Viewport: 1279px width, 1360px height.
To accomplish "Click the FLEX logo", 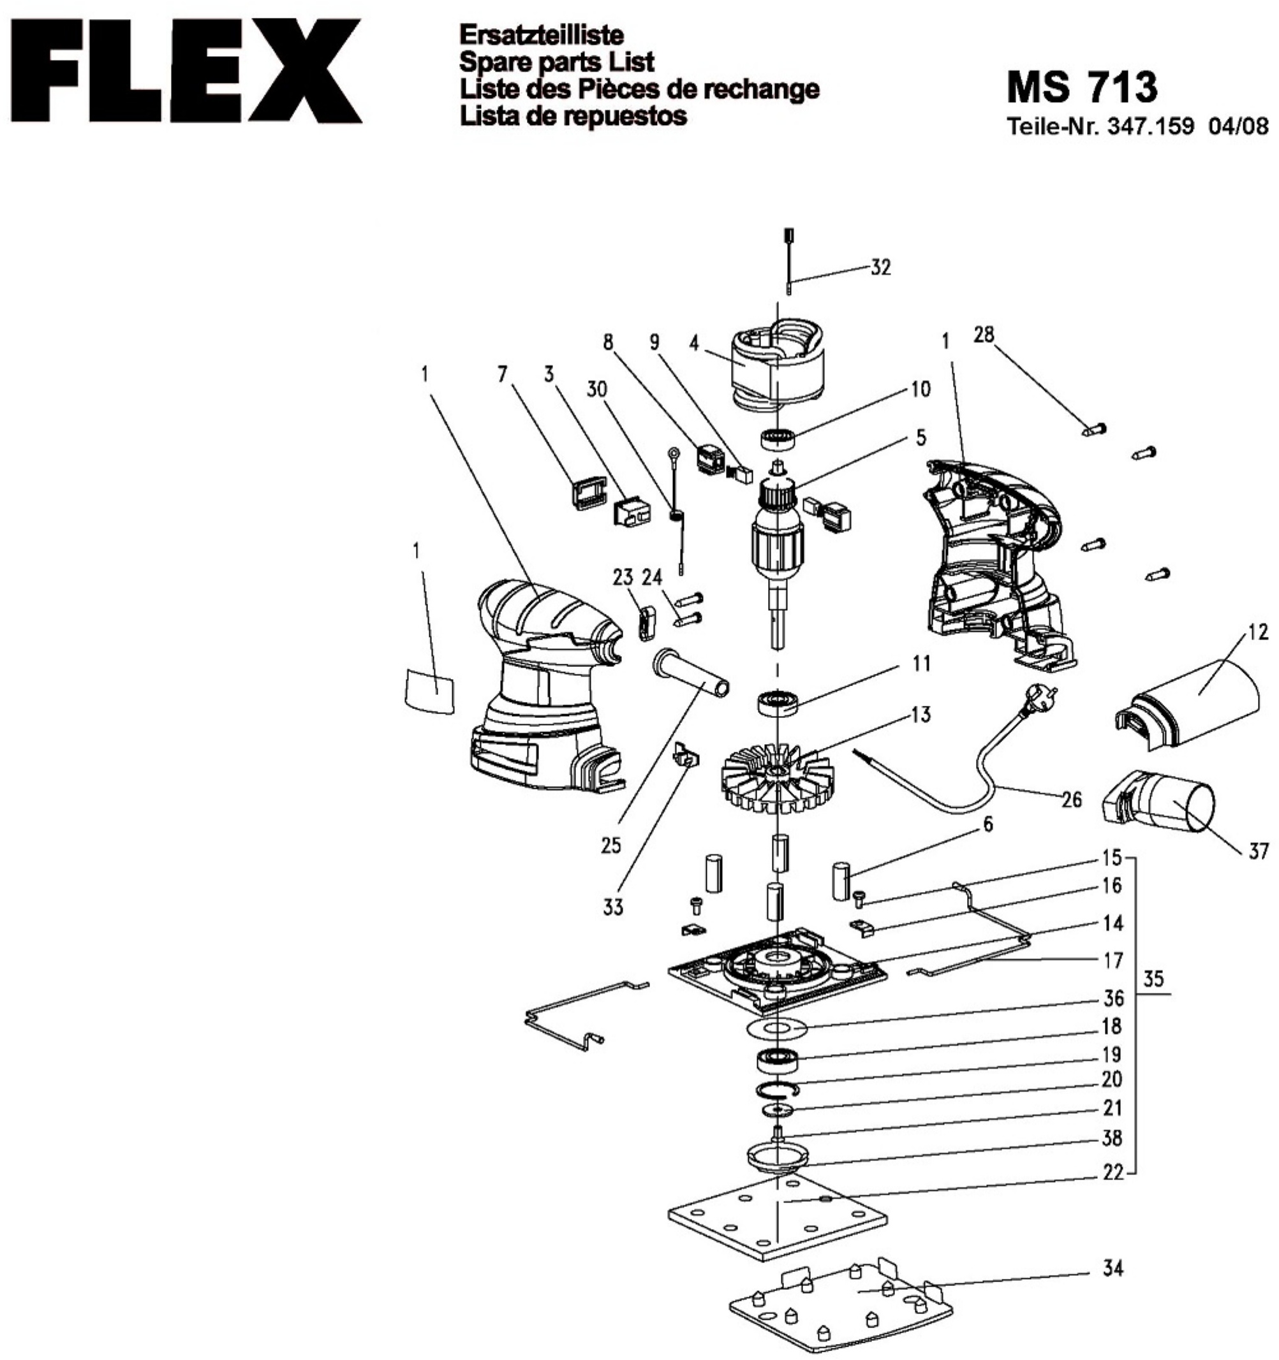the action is [x=181, y=71].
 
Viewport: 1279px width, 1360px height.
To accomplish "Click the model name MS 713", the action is [x=1081, y=87].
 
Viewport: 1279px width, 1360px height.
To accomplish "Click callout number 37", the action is [x=1258, y=852].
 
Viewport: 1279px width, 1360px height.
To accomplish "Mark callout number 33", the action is [x=612, y=907].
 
